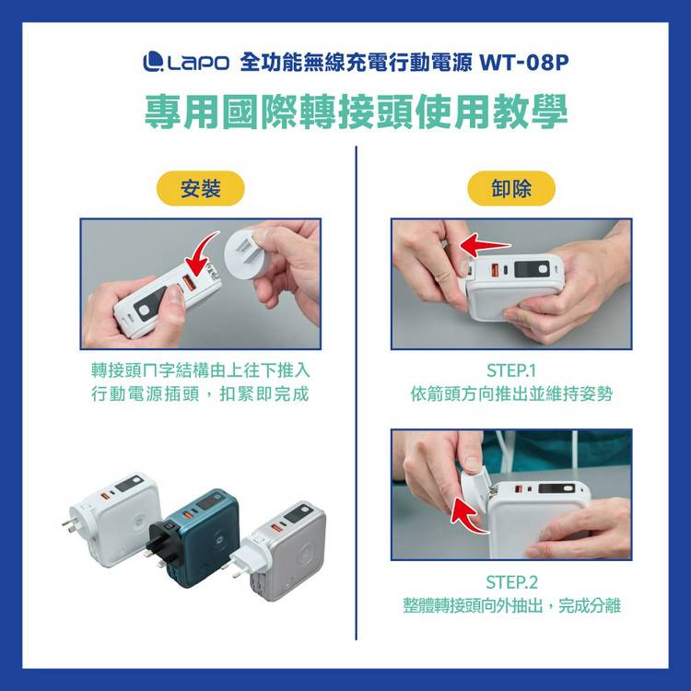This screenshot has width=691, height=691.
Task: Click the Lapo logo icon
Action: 153,61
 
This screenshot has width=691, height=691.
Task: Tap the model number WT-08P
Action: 524,62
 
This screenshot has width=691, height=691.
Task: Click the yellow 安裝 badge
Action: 201,189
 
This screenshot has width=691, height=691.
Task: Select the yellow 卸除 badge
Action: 511,189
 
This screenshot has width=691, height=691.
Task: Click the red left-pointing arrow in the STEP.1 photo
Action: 485,245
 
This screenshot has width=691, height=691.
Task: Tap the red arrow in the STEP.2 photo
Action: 467,516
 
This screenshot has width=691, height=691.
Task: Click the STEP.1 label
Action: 511,370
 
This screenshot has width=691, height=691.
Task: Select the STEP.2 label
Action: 511,582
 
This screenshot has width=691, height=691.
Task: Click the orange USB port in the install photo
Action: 191,283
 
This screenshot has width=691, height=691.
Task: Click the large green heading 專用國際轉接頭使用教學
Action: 356,111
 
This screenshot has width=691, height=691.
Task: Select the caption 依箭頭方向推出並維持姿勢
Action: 511,394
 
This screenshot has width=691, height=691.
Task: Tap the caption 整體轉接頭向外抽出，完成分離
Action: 511,605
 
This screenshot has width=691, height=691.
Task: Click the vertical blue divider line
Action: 356,393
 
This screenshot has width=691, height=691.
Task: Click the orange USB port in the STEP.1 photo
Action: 495,269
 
